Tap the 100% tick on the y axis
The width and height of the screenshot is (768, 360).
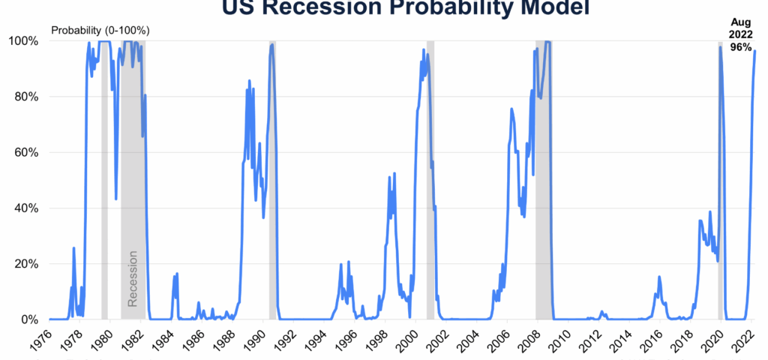[x=24, y=40]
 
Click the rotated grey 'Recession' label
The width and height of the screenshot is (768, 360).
[x=133, y=279]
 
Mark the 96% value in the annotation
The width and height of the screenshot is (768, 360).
[x=741, y=46]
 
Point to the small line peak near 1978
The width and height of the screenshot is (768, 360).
[x=73, y=248]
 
